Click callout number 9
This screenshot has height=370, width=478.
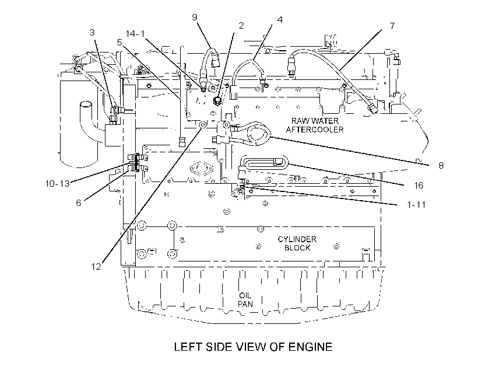point(195,17)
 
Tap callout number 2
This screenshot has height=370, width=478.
point(241,25)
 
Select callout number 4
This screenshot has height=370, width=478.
point(280,19)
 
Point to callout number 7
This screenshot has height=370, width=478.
point(392,26)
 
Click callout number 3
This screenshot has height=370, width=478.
point(92,32)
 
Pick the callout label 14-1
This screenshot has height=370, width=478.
point(135,34)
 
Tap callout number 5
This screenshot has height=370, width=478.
point(119,42)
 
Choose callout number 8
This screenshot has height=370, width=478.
point(441,166)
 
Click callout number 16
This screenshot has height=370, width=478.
point(419,186)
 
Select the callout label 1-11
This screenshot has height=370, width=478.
point(416,204)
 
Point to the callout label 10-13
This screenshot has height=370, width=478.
point(57,184)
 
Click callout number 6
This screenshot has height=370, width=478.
point(79,203)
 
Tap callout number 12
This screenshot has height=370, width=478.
point(96,267)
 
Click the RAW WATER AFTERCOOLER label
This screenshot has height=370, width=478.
point(315,125)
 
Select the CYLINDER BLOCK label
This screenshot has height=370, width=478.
point(297,243)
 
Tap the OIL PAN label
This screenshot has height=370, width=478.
point(245,300)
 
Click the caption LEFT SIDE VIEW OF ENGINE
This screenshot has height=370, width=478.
point(253,347)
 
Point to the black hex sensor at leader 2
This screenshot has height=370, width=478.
point(217,100)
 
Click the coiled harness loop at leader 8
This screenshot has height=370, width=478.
point(258,133)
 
